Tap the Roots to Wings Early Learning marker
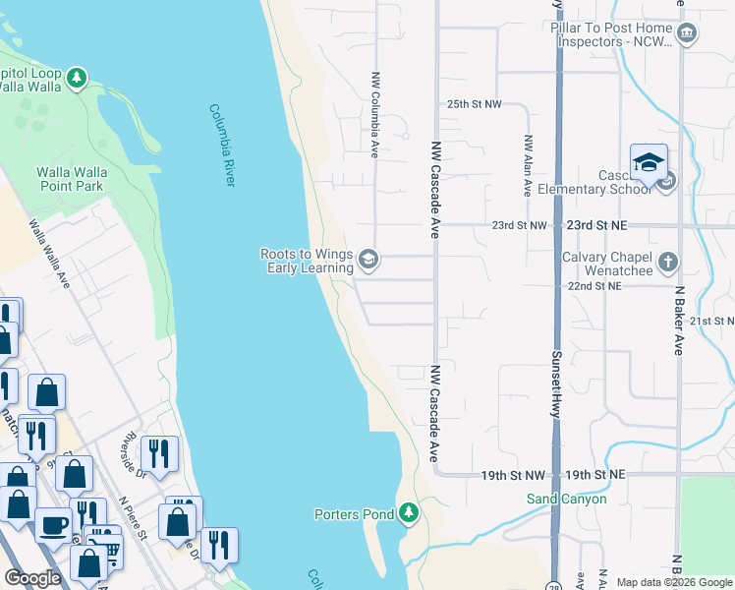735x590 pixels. coord(368,260)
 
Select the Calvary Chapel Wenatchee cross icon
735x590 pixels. coord(668,262)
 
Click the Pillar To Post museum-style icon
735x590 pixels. coord(687,34)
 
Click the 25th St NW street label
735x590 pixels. coord(474,103)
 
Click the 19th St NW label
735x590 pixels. coord(512,475)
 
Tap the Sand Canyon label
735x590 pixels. coord(567,499)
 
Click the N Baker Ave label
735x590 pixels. coord(678,321)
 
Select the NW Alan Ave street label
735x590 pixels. coord(528,165)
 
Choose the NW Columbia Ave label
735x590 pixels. coord(374,114)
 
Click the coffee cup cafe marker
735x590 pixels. coord(53,525)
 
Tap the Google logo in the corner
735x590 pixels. coord(32,579)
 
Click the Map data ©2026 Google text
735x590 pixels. coord(673,582)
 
